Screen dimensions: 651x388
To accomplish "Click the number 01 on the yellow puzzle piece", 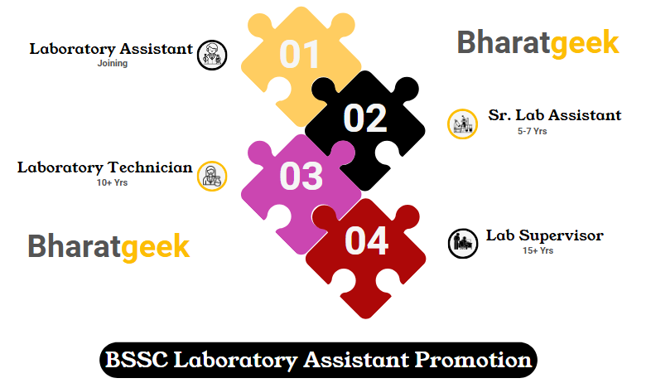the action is click(x=299, y=55).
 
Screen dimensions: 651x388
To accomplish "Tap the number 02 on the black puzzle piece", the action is click(x=365, y=119).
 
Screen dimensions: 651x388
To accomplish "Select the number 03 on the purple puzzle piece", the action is click(x=301, y=176).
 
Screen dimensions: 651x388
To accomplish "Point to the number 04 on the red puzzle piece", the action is click(x=367, y=240).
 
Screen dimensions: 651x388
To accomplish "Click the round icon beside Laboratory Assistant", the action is click(x=212, y=55).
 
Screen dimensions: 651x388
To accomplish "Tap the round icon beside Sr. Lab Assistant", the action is click(x=462, y=124).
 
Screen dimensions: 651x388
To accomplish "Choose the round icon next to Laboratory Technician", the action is click(x=212, y=176).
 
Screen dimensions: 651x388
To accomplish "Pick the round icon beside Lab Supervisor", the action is click(x=463, y=244).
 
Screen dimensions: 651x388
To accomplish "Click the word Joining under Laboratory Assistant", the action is click(x=113, y=64).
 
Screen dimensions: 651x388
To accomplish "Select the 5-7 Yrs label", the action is click(x=533, y=131).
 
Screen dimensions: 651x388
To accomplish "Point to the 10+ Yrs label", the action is click(x=112, y=182).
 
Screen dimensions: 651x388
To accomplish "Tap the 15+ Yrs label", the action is click(x=538, y=250).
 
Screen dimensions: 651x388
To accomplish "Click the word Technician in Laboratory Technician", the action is click(x=150, y=167).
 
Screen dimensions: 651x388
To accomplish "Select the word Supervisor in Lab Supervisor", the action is click(x=562, y=235).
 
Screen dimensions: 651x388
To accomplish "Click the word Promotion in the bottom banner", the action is click(x=473, y=360).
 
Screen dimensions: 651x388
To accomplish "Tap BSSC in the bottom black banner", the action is click(x=137, y=360).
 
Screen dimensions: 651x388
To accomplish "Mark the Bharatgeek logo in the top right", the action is click(x=538, y=43).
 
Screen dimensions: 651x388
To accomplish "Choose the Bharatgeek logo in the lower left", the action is click(x=108, y=247).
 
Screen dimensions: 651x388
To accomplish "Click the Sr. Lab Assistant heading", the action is click(x=555, y=115).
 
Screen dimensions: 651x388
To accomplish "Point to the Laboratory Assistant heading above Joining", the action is click(x=111, y=49).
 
